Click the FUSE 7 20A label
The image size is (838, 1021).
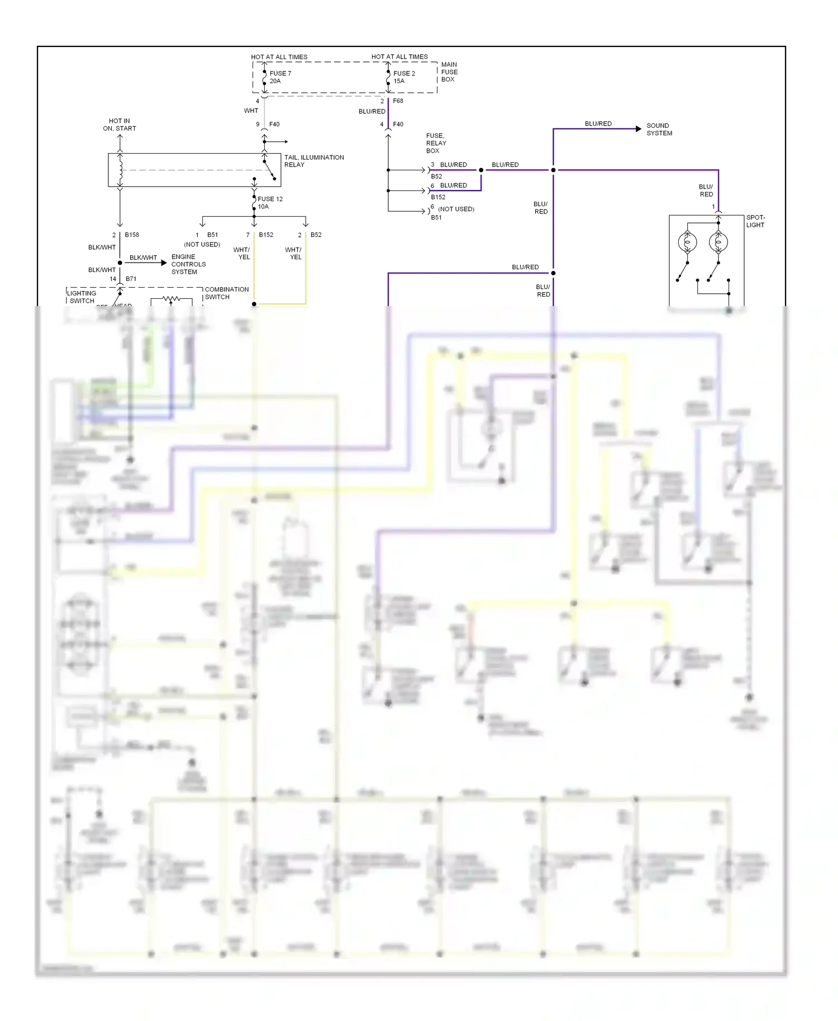280,77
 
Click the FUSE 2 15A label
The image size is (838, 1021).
403,77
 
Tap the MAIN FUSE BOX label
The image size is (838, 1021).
449,72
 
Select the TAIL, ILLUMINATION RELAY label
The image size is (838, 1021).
313,161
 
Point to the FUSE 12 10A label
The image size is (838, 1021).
269,203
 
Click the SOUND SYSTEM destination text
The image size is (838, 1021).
659,130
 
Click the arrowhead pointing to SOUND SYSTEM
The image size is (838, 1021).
638,129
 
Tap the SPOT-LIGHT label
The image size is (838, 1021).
755,221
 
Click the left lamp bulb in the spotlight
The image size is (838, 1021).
687,242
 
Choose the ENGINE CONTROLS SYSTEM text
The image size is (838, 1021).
188,264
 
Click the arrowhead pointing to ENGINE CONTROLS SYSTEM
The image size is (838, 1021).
163,263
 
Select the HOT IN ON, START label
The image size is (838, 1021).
119,125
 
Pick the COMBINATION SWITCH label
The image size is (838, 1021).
226,293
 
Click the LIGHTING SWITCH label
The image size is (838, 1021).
82,297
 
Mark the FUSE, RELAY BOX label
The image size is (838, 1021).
436,143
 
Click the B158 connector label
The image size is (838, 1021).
132,235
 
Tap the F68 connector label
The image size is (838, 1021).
398,101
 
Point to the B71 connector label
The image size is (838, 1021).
131,279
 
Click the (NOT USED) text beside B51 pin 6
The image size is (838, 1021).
456,209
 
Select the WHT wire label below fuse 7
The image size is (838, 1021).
251,111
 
